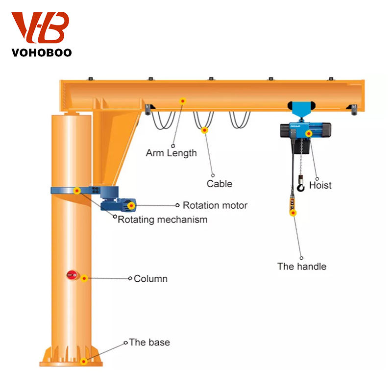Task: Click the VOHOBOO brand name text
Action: tap(42, 51)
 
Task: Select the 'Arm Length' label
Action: tap(171, 153)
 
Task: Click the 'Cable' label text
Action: tap(219, 184)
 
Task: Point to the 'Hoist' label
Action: tap(320, 185)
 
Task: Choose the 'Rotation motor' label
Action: tap(215, 205)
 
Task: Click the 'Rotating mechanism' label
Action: tap(162, 220)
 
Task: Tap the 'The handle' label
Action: tap(301, 267)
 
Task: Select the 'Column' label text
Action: tap(150, 279)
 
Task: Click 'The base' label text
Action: tap(149, 343)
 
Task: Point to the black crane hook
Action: tap(300, 186)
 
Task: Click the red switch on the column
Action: tap(72, 275)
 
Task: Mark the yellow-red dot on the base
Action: tap(84, 362)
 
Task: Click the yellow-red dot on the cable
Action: tap(204, 130)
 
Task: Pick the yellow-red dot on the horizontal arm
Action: tap(183, 101)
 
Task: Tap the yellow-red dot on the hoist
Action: tap(308, 133)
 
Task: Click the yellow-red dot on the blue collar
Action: tap(77, 191)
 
